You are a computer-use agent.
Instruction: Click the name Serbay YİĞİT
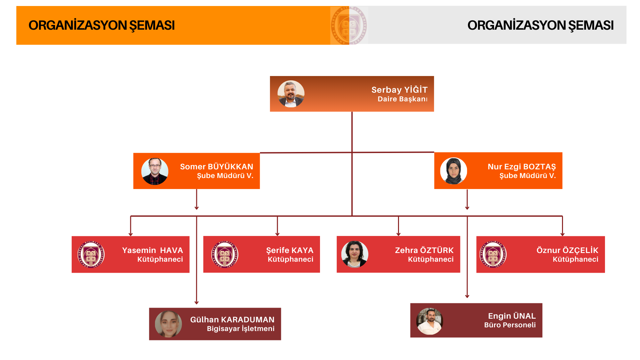399,90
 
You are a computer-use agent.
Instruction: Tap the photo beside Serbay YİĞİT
291,94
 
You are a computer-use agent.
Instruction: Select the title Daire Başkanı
402,99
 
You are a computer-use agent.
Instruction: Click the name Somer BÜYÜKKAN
217,167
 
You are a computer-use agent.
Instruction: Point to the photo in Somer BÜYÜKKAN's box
155,171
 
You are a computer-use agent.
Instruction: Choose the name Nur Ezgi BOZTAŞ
522,167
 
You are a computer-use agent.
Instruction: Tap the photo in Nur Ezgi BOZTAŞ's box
454,171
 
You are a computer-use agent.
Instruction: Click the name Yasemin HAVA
152,250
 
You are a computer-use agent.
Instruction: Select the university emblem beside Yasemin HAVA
91,255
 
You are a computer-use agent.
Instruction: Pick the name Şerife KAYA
290,250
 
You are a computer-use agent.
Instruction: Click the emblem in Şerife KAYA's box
225,254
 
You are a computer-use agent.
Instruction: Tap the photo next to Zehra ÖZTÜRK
355,254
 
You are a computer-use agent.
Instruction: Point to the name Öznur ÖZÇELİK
567,250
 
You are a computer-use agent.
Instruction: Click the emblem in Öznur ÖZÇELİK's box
493,255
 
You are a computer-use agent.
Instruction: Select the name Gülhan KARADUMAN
232,320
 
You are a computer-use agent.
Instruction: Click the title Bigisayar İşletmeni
241,329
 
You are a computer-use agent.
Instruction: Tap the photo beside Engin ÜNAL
430,321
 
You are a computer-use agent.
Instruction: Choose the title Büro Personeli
510,325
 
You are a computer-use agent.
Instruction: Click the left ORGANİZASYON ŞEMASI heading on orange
102,25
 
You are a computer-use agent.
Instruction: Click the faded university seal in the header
349,25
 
